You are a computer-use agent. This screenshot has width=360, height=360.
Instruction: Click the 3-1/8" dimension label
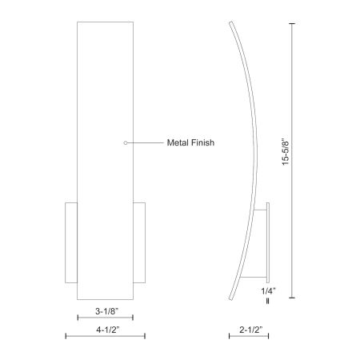(x=106, y=311)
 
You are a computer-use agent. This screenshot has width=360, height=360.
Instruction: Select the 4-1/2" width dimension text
(x=108, y=330)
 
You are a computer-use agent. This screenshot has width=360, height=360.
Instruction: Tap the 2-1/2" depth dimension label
(x=251, y=330)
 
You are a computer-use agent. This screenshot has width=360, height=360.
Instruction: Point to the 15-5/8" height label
(x=286, y=151)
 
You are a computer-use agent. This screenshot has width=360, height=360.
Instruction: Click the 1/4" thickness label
(x=268, y=291)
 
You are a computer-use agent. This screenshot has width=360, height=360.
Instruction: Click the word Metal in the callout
(x=178, y=142)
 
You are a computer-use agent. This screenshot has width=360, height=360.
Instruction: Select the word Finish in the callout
(x=203, y=142)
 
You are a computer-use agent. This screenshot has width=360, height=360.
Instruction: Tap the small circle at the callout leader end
(x=126, y=143)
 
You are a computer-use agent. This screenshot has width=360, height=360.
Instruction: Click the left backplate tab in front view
(x=71, y=242)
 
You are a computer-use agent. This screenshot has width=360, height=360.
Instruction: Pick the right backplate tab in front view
(x=139, y=242)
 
